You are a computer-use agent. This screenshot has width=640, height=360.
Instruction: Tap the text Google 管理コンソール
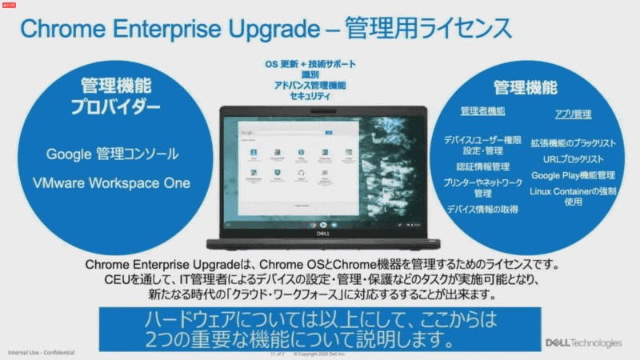coord(112,154)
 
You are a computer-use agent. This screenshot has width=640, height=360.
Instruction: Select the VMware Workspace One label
coord(112,182)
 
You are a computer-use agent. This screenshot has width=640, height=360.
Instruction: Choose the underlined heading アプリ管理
coord(573,114)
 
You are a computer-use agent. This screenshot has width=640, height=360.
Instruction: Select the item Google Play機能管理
coord(573,175)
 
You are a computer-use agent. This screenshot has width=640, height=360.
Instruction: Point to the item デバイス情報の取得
coord(482,209)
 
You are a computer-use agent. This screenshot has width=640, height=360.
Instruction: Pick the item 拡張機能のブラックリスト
coord(573,143)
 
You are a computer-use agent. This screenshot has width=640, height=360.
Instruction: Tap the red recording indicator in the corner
coord(8,4)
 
